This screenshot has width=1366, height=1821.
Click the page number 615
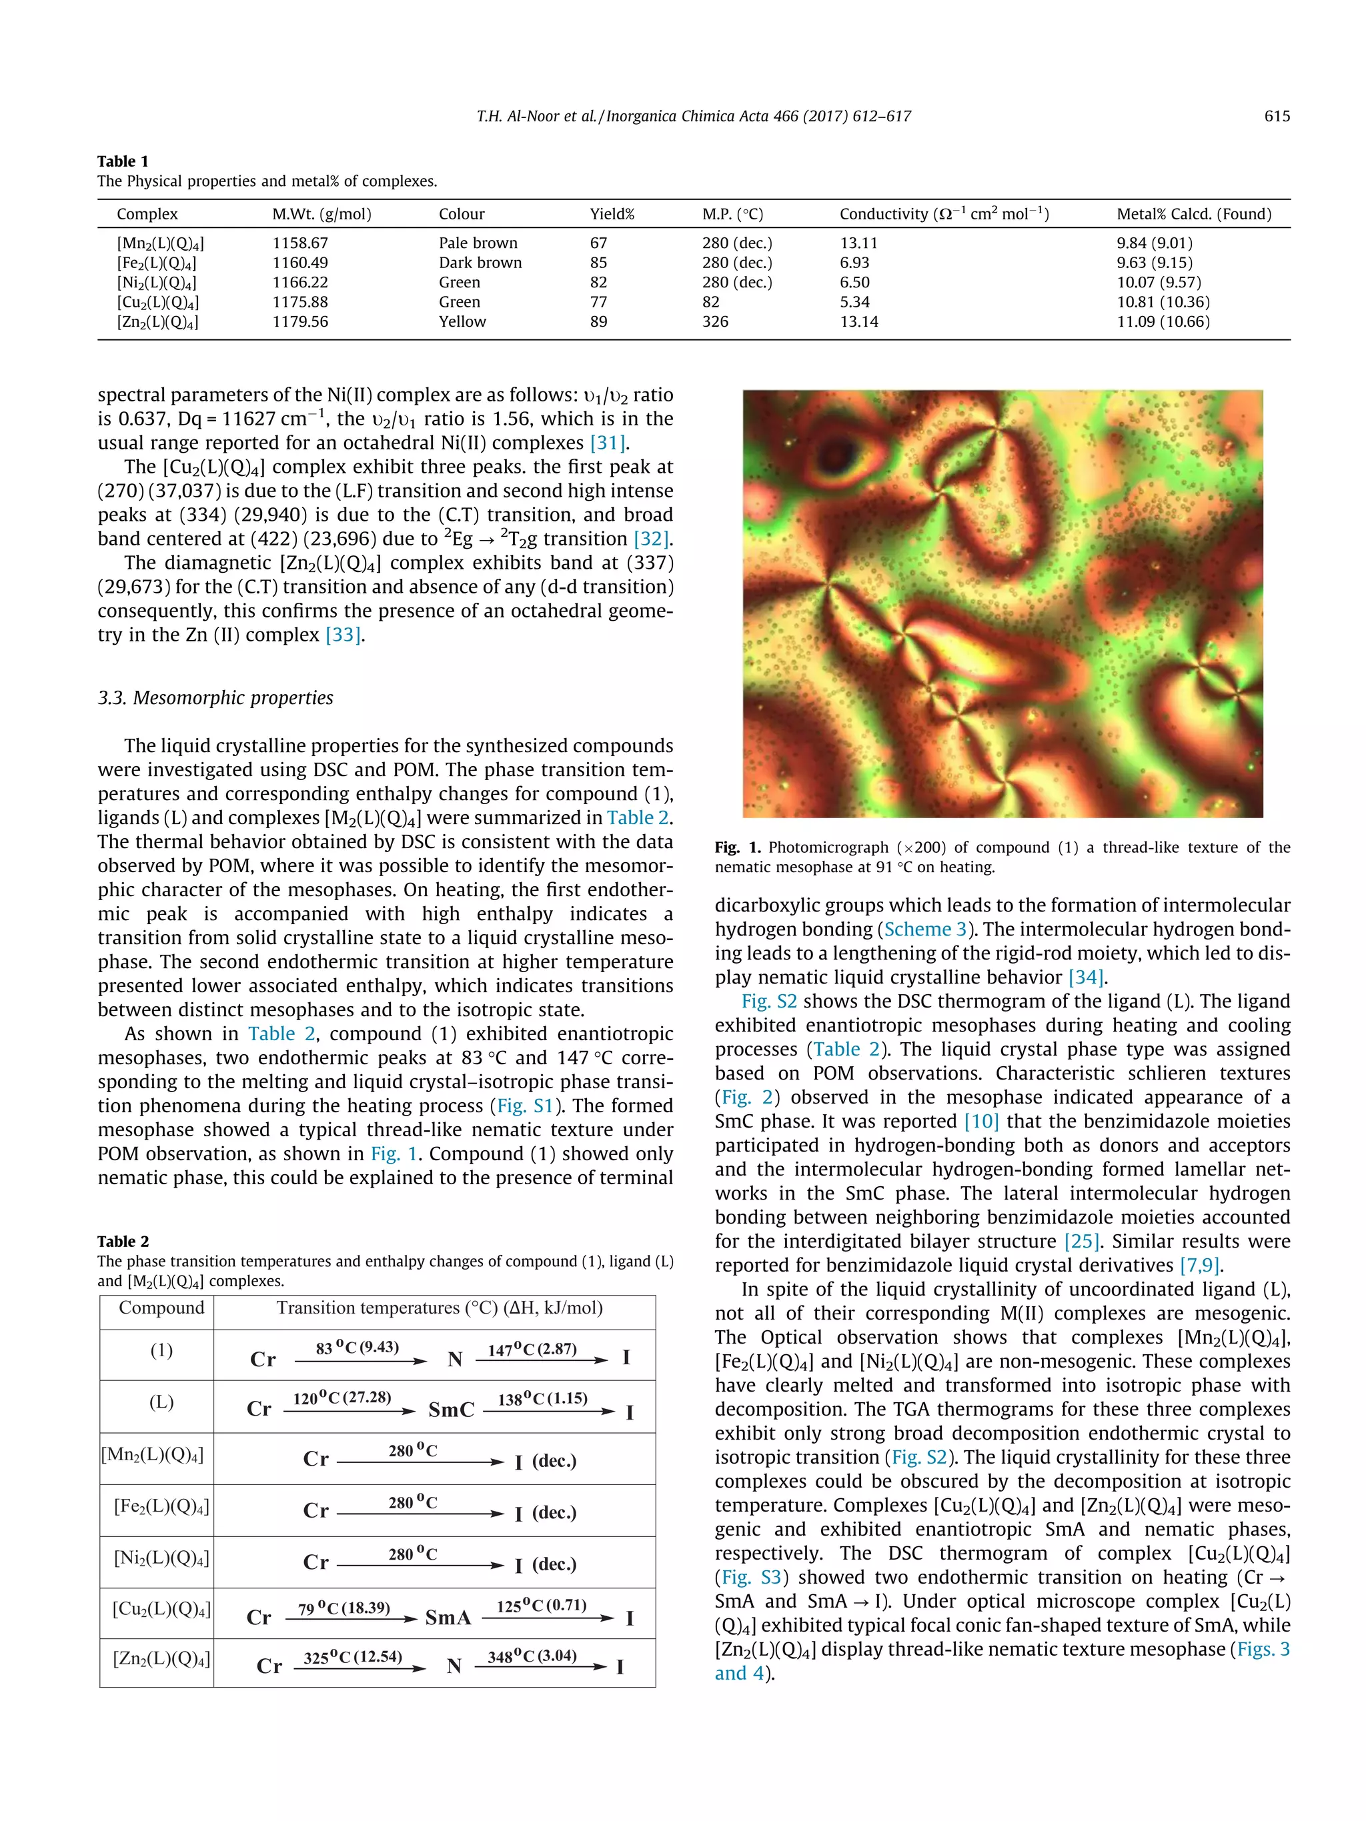(1276, 116)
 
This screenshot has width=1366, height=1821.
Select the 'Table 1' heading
(123, 161)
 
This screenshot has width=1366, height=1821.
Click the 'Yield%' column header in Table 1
(612, 214)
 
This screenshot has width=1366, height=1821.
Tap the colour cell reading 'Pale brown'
(478, 243)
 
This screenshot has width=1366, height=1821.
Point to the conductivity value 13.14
(859, 322)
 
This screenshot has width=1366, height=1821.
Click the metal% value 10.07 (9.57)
(1159, 282)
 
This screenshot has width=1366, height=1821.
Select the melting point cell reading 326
(715, 322)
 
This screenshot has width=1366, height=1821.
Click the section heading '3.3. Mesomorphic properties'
(215, 698)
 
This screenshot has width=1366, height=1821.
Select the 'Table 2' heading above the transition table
(123, 1242)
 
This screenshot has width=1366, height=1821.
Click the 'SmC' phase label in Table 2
(451, 1410)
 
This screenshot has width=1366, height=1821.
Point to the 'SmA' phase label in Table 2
(448, 1618)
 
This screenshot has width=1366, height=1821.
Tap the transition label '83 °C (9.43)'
(358, 1348)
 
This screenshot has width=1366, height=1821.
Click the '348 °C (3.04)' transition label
(532, 1656)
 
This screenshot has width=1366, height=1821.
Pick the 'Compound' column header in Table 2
(161, 1308)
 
